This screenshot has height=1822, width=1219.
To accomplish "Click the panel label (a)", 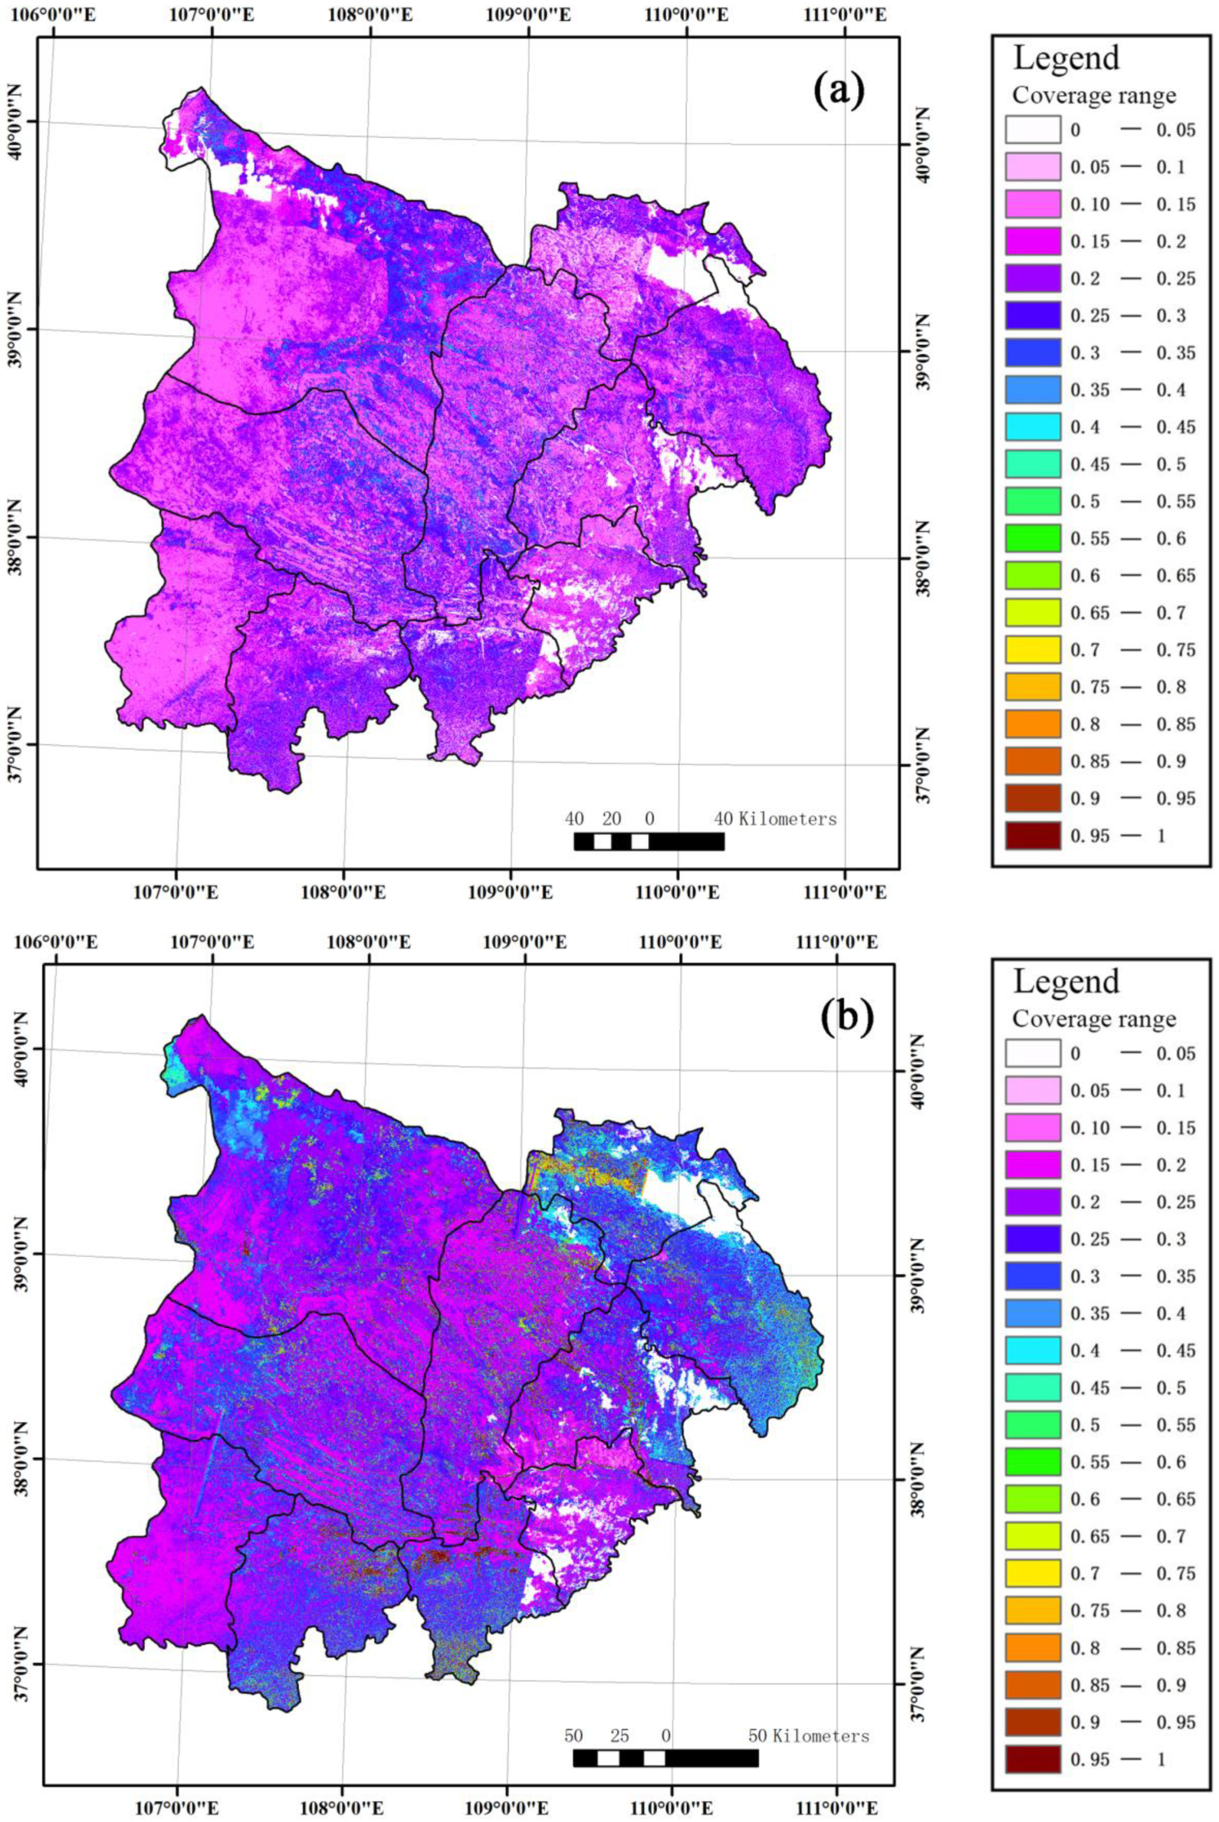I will pyautogui.click(x=839, y=91).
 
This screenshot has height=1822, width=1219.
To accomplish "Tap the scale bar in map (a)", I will pyautogui.click(x=649, y=841).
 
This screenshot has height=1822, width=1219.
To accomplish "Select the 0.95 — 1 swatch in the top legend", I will pyautogui.click(x=1032, y=835).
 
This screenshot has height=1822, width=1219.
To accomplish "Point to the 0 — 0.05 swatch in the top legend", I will pyautogui.click(x=1032, y=129).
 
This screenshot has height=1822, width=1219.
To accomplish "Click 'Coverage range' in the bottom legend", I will pyautogui.click(x=1094, y=1018).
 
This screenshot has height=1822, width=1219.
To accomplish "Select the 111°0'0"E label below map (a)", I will pyautogui.click(x=844, y=892).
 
